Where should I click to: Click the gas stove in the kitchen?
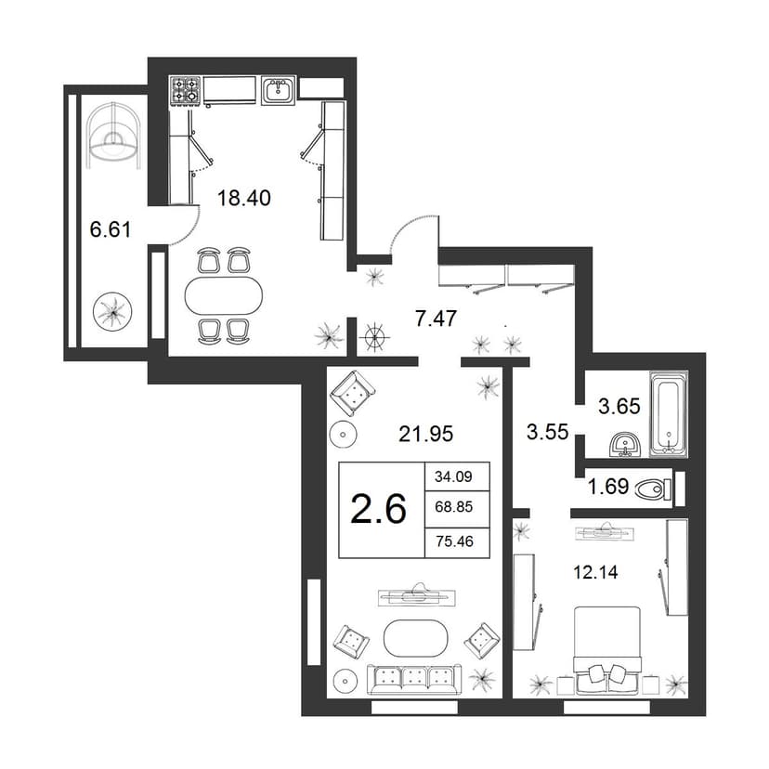(186, 90)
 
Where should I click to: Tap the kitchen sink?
(278, 90)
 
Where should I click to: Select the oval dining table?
(224, 295)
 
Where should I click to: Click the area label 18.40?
(243, 198)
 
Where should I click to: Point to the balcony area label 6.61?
(111, 229)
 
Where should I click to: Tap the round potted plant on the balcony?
(112, 311)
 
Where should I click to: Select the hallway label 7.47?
(436, 319)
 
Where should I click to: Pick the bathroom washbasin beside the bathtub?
(624, 444)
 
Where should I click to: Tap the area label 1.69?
(607, 487)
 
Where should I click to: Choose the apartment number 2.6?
(379, 510)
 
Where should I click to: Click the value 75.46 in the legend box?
(454, 541)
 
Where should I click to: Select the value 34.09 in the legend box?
(453, 476)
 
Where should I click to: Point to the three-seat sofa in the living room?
(414, 679)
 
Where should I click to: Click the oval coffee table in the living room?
(415, 638)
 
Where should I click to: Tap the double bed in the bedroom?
(607, 650)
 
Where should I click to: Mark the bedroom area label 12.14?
(595, 572)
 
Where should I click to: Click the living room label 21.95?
(425, 434)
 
